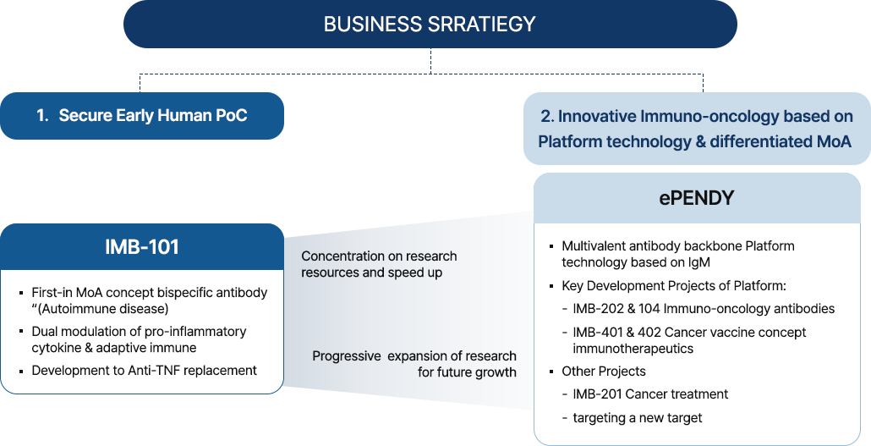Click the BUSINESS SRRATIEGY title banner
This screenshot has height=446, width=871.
pos(430,24)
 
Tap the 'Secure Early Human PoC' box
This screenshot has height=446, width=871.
pos(142,116)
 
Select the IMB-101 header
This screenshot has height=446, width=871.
pos(142,247)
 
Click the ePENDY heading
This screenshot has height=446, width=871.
pos(697,198)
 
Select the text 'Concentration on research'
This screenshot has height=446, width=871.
pos(379,256)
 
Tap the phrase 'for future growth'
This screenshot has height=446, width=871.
pos(467,372)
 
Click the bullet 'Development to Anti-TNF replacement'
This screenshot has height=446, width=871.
pos(144,371)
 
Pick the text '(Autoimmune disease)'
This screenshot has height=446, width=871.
pos(102,309)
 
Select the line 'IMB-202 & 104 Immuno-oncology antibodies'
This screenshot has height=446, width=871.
pos(704,309)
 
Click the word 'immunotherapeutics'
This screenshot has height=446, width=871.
pos(633,349)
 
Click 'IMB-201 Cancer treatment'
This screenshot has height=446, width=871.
pos(650,394)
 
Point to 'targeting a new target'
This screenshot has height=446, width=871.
pos(637,418)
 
